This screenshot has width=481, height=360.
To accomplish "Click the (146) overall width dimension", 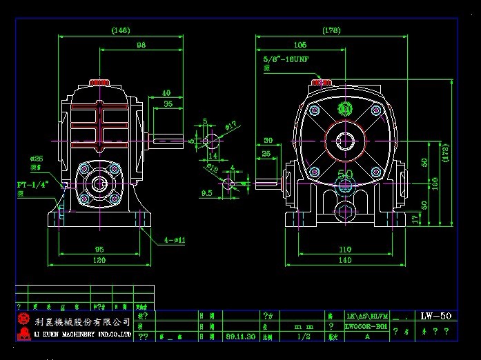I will click(121, 30).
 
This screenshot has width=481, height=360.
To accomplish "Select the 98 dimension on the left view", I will click(141, 45).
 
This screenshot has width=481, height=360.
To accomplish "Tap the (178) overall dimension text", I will click(331, 30).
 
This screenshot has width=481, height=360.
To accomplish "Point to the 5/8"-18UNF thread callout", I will click(285, 59).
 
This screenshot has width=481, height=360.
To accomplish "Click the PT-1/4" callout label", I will click(31, 185).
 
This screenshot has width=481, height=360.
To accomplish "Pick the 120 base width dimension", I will click(100, 261).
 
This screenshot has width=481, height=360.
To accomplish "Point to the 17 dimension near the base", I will click(414, 219).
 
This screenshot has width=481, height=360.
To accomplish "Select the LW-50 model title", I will click(435, 316).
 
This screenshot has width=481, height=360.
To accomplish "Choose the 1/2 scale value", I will click(303, 337).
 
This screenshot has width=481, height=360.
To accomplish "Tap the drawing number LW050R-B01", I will click(365, 326).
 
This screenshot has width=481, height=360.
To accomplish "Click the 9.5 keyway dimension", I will click(207, 194).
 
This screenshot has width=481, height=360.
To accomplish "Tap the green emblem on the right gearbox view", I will click(345, 109).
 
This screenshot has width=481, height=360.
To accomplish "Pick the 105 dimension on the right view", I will click(300, 45).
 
